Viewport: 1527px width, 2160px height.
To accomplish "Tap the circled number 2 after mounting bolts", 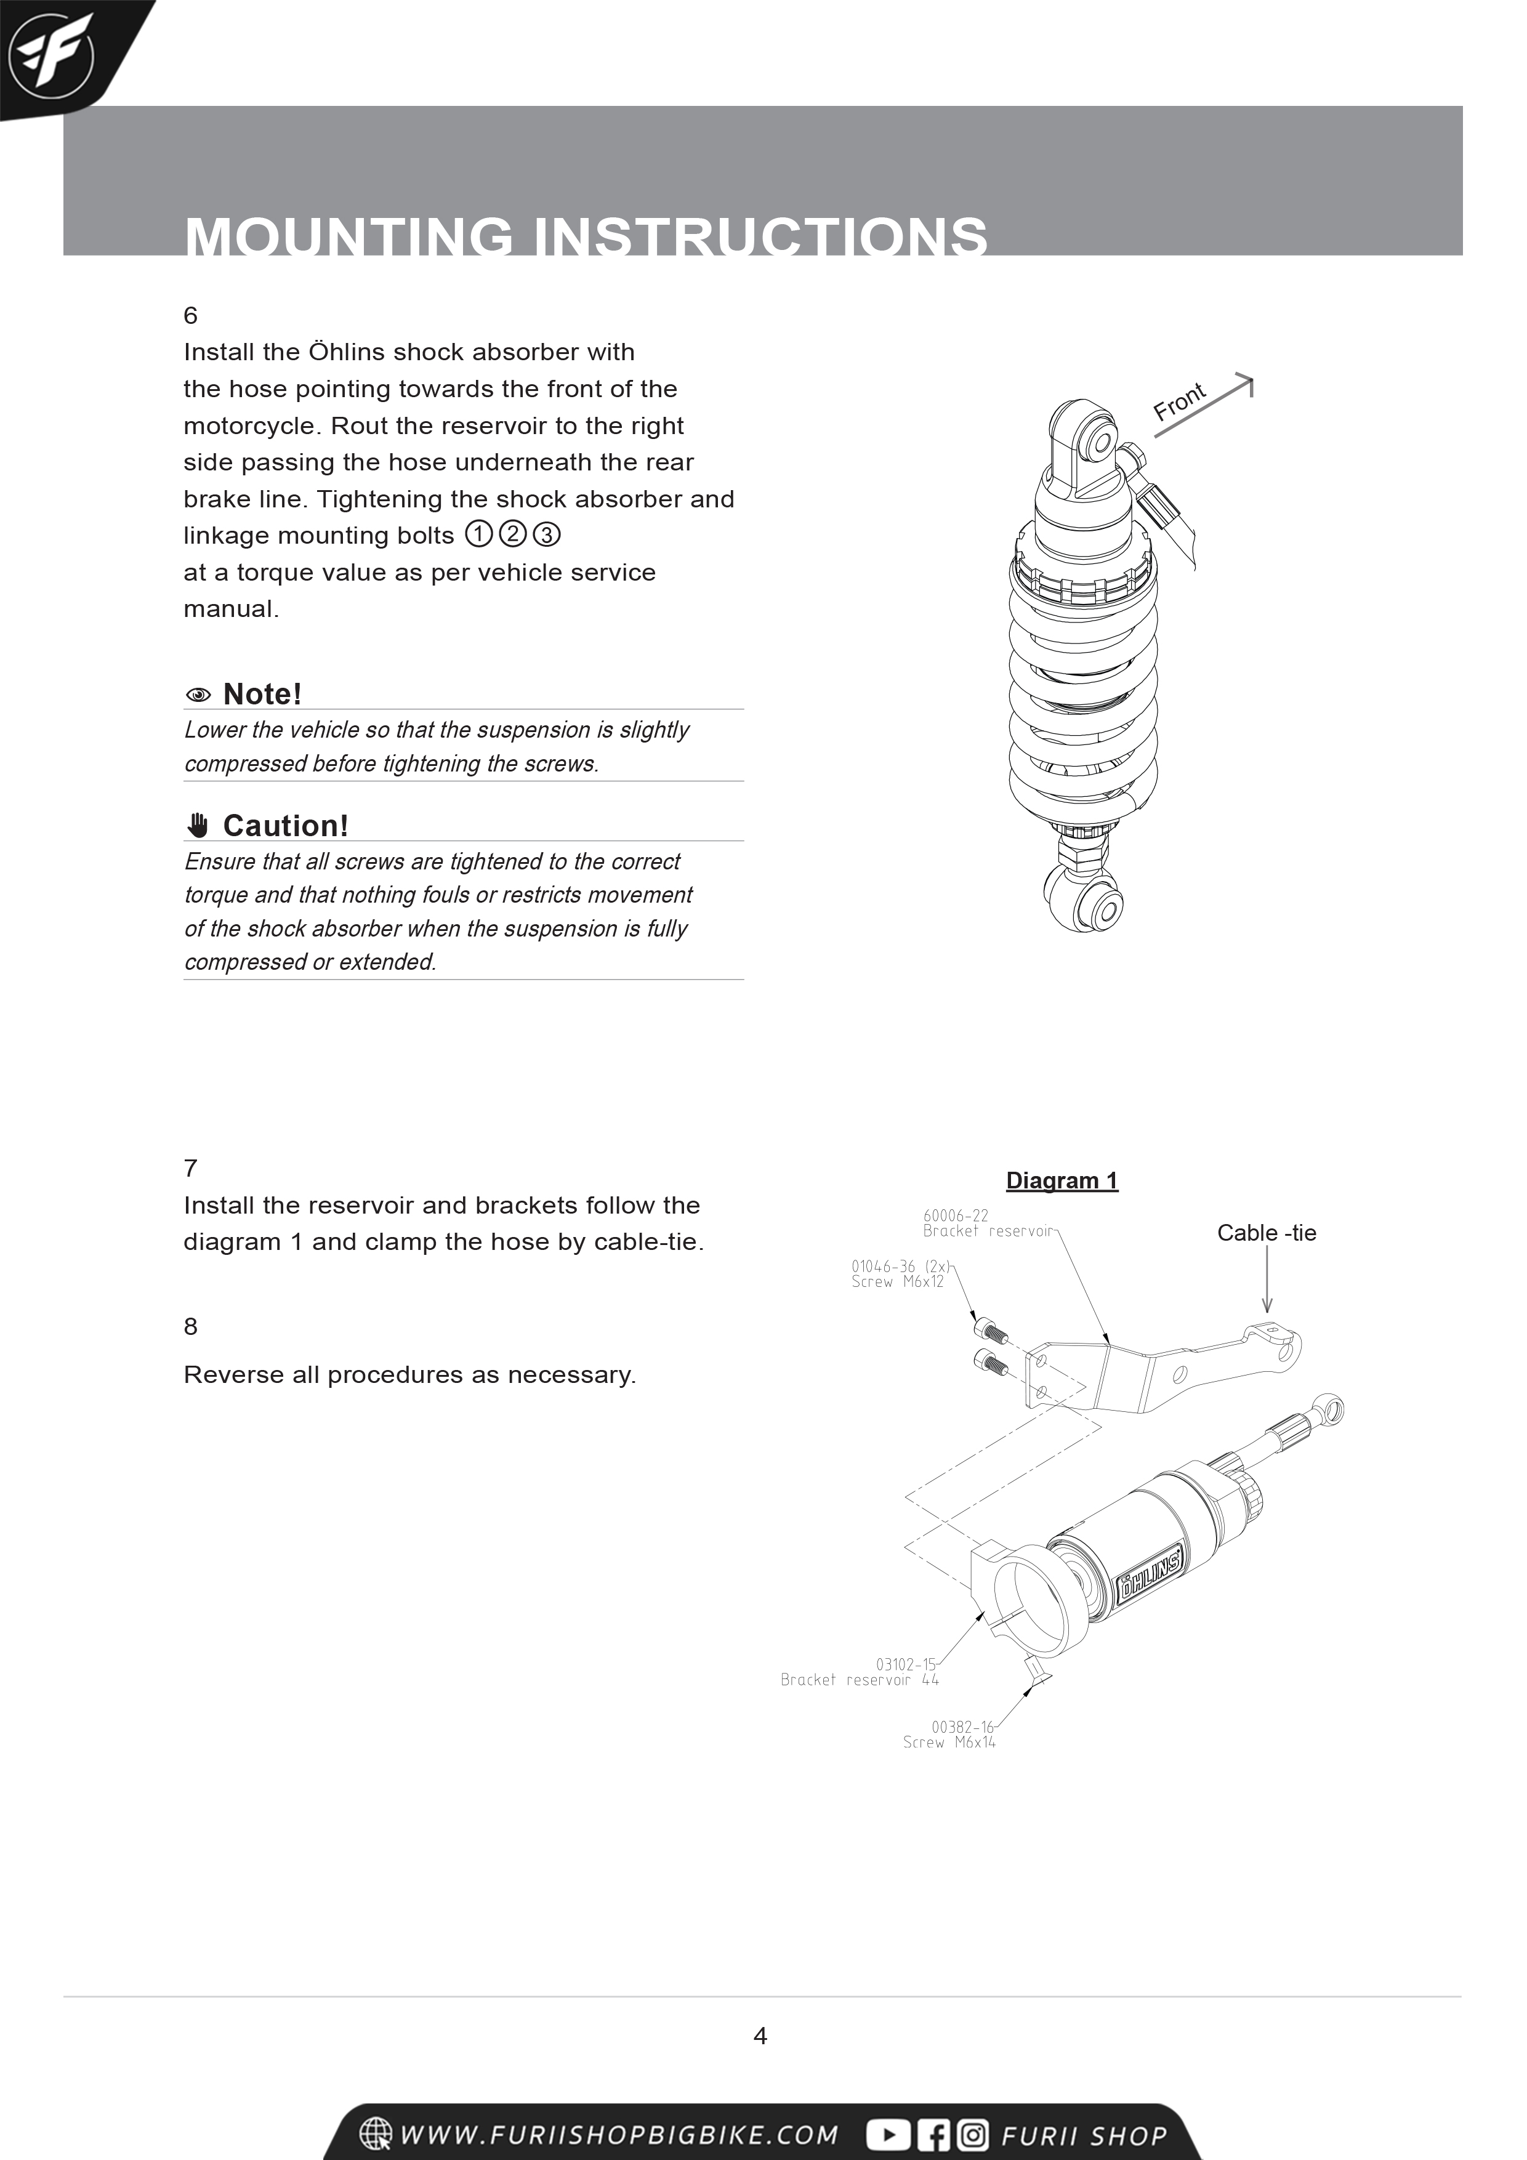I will [x=512, y=534].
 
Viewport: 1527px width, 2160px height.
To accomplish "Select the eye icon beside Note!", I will [x=198, y=695].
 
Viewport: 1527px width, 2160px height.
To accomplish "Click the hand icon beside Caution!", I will [x=198, y=825].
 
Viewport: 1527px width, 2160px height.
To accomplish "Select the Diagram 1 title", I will [x=1062, y=1180].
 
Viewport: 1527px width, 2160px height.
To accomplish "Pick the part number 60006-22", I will [x=955, y=1215].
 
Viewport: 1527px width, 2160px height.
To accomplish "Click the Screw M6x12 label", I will [x=896, y=1281].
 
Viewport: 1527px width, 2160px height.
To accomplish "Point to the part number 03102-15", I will [x=905, y=1664].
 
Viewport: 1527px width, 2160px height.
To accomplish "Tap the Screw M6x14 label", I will [x=948, y=1743].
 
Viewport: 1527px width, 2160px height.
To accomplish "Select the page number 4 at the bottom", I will [x=760, y=2036].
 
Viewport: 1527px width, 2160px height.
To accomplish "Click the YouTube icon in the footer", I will [x=887, y=2135].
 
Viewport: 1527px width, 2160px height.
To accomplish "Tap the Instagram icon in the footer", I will [x=973, y=2135].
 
